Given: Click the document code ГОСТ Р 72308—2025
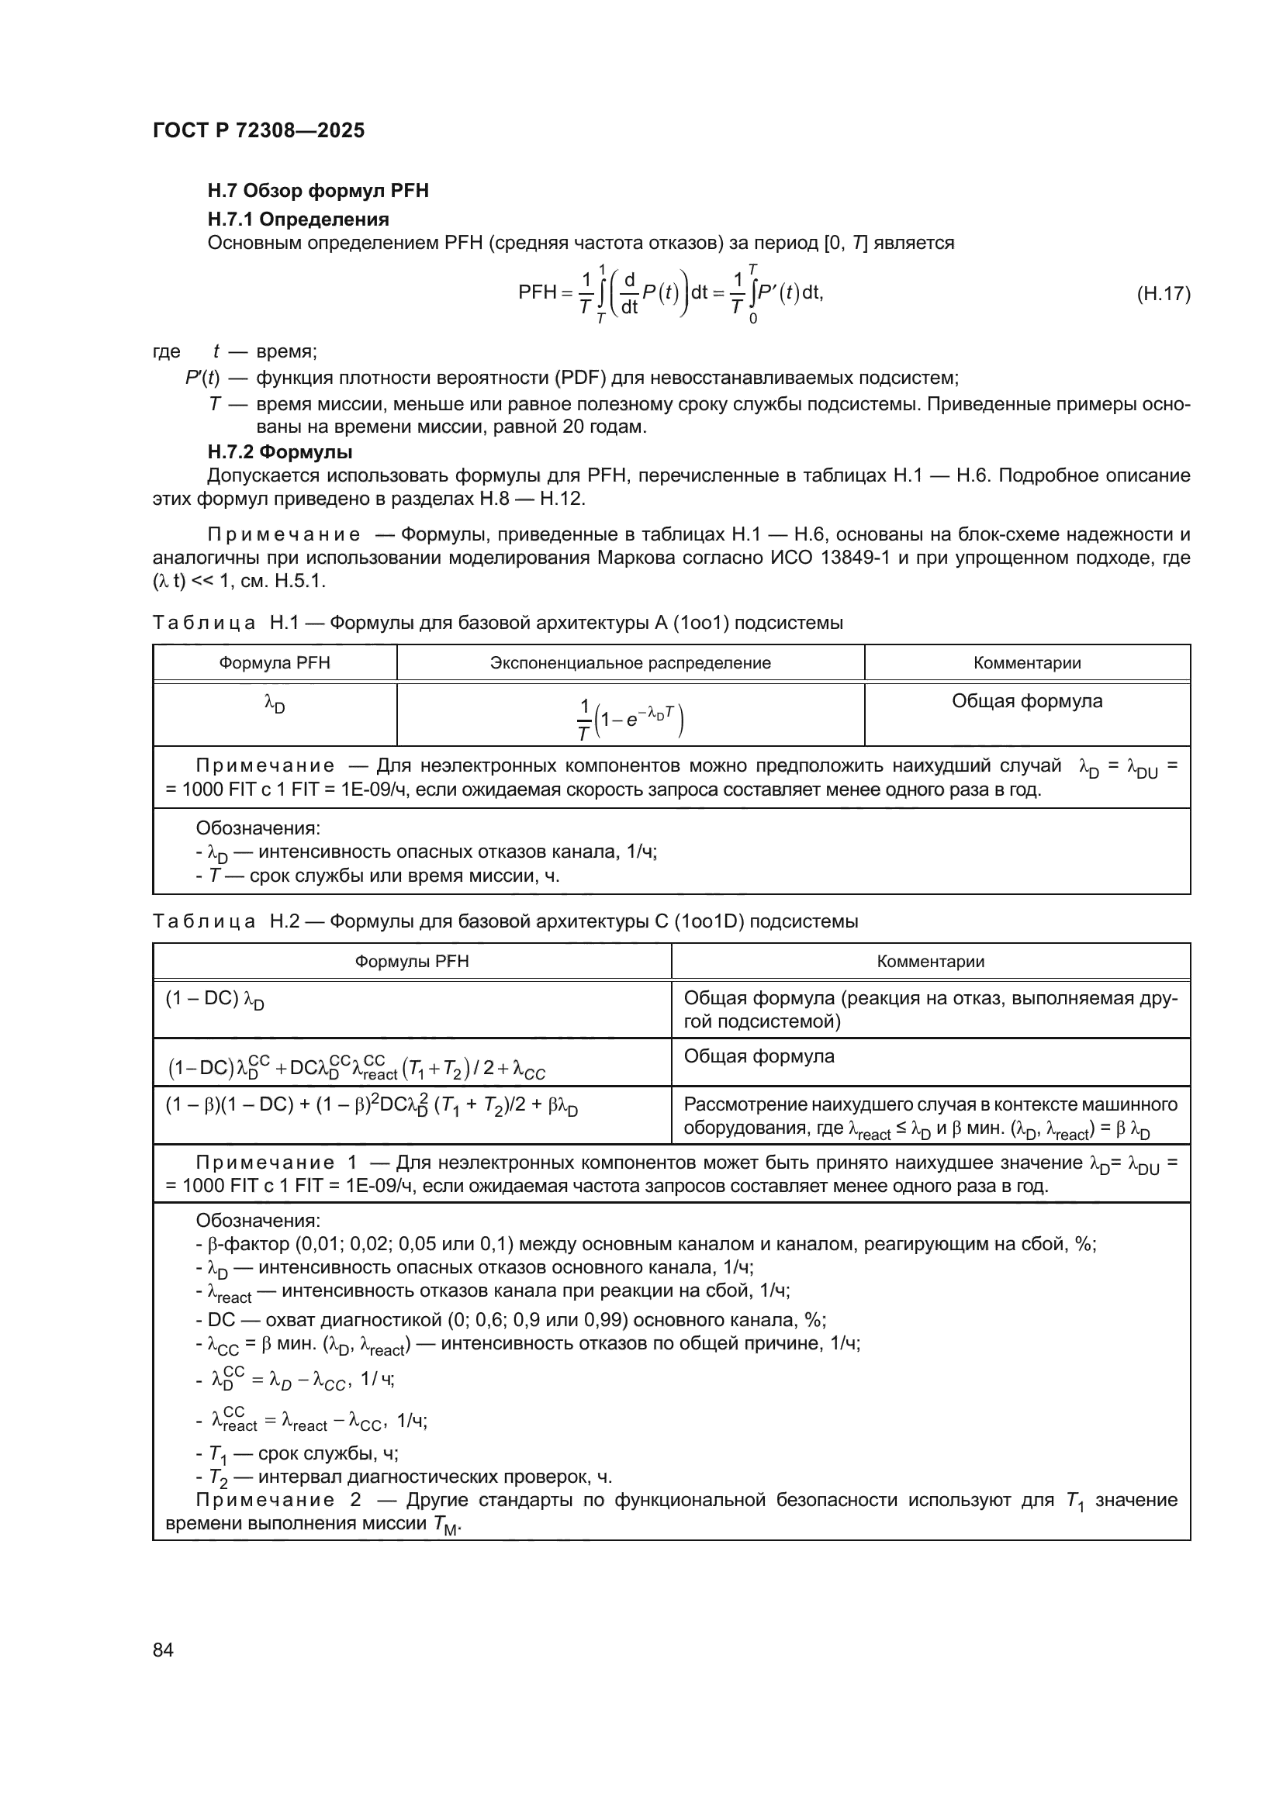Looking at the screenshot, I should pyautogui.click(x=258, y=130).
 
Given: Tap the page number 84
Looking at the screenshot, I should pyautogui.click(x=163, y=1650).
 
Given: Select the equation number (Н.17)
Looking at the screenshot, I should pyautogui.click(x=1163, y=294).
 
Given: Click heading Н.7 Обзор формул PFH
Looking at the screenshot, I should pyautogui.click(x=317, y=191).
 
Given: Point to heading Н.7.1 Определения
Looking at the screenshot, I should pyautogui.click(x=298, y=219).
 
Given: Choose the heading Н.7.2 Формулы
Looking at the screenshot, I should pyautogui.click(x=280, y=452).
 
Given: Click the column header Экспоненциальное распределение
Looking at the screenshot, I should pyautogui.click(x=630, y=663).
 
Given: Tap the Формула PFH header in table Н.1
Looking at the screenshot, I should pyautogui.click(x=274, y=663).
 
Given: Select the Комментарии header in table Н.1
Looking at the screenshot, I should pyautogui.click(x=1026, y=663).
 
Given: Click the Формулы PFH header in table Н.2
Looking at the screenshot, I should pyautogui.click(x=412, y=962).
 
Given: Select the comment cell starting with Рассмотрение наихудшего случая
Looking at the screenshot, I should pyautogui.click(x=930, y=1115).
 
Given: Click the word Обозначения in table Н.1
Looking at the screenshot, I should pyautogui.click(x=258, y=828).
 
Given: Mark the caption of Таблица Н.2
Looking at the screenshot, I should pyautogui.click(x=505, y=921).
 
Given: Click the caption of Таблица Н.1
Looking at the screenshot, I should pyautogui.click(x=497, y=623).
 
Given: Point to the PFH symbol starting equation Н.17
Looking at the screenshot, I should pyautogui.click(x=538, y=293).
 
